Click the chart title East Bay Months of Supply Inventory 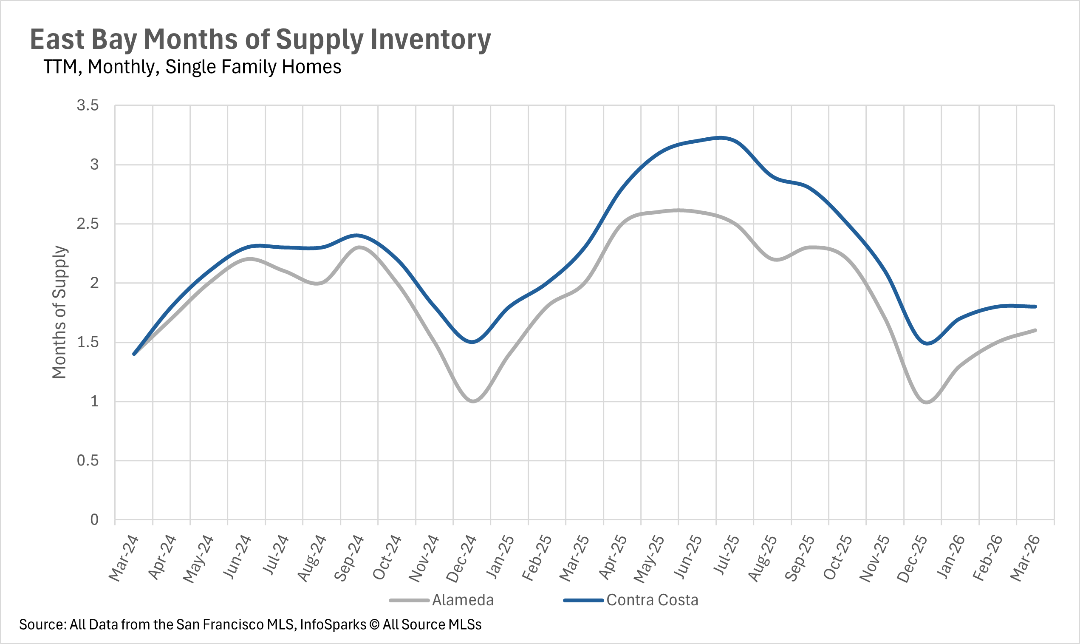click(260, 40)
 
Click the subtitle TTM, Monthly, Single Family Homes click(192, 67)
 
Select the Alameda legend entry click(462, 600)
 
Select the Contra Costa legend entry click(652, 600)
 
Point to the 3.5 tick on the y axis click(88, 105)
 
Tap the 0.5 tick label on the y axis click(88, 460)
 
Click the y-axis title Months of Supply click(59, 312)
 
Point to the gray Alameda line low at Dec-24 click(473, 401)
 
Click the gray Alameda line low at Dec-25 click(927, 402)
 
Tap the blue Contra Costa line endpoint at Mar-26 click(1035, 307)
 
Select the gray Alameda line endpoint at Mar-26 click(1035, 330)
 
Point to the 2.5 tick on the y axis click(88, 224)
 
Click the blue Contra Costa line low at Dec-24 click(473, 342)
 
